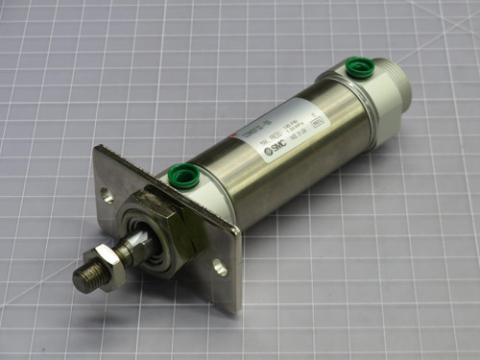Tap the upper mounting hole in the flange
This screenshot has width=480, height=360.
tap(107, 197)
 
